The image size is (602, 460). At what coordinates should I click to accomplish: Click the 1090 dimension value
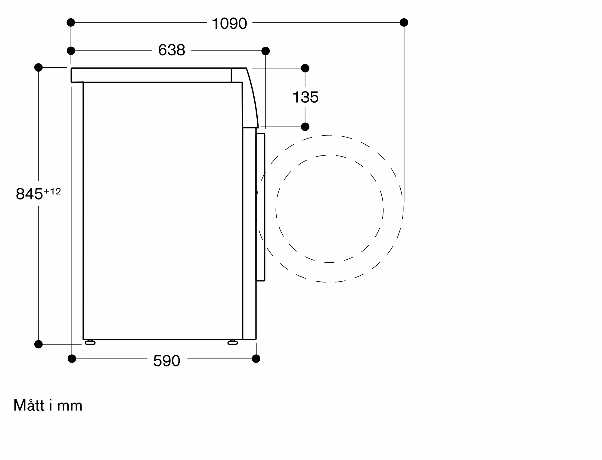tap(229, 23)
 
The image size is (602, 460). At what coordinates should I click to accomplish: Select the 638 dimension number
tap(172, 50)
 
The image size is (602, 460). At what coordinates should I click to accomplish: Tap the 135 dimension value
tap(305, 97)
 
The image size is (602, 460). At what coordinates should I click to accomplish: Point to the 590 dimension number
tap(166, 360)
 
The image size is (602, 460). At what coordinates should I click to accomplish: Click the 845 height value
tap(29, 194)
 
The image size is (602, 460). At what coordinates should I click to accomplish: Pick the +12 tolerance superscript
tap(52, 191)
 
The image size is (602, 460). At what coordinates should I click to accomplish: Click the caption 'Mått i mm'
tap(48, 405)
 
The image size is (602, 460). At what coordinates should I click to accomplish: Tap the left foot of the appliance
tap(90, 342)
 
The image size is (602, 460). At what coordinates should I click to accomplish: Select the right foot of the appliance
tap(232, 342)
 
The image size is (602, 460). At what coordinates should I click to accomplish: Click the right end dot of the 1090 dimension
tap(404, 22)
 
